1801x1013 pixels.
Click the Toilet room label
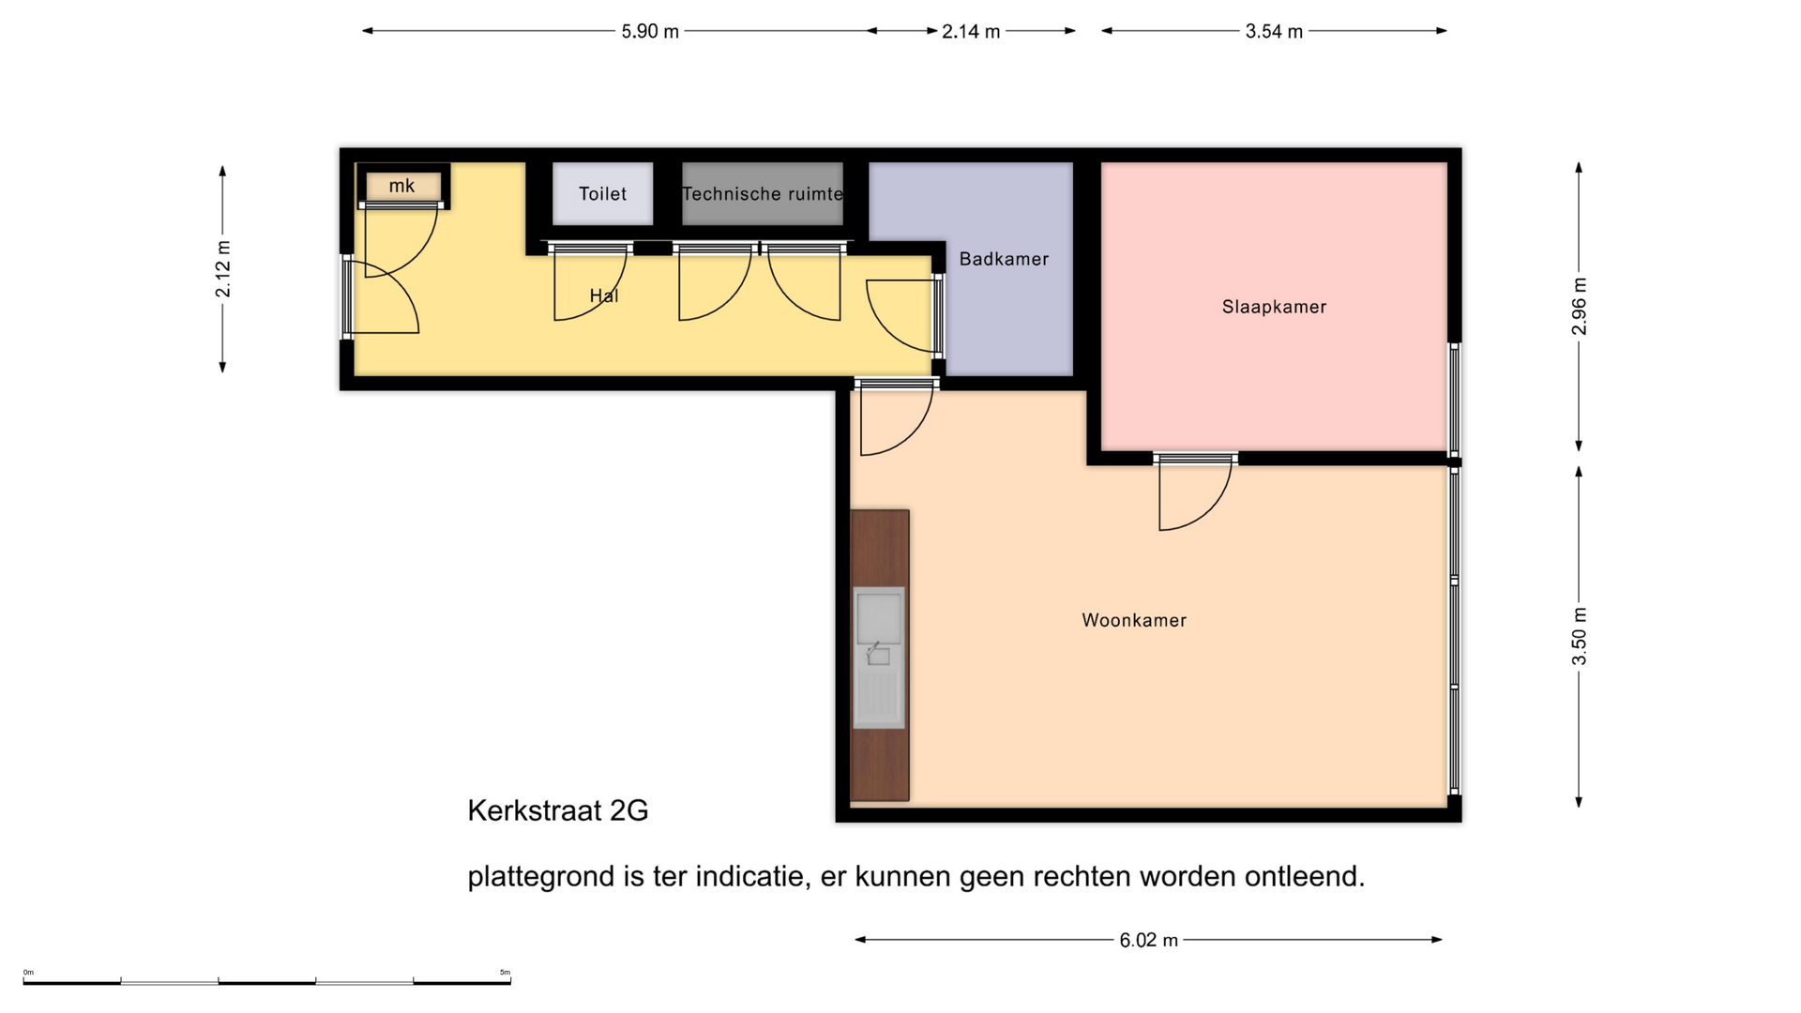click(602, 194)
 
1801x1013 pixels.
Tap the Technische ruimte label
click(762, 194)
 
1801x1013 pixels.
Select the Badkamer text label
click(1004, 259)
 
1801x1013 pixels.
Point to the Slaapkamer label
click(1274, 307)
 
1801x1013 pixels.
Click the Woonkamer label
click(1134, 620)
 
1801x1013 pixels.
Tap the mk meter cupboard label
click(401, 186)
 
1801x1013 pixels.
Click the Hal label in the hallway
click(604, 295)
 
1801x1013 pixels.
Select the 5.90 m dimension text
click(650, 31)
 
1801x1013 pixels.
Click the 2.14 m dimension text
click(971, 31)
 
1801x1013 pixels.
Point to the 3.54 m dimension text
click(1274, 31)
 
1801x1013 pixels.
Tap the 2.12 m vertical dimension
click(222, 269)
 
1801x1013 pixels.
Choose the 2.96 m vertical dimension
click(1579, 307)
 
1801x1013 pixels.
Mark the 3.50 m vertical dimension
click(1579, 636)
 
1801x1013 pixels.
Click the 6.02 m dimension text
click(1148, 940)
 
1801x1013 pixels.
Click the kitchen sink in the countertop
click(879, 658)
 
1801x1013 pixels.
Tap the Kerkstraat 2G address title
click(558, 810)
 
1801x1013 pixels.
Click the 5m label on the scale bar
click(505, 973)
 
